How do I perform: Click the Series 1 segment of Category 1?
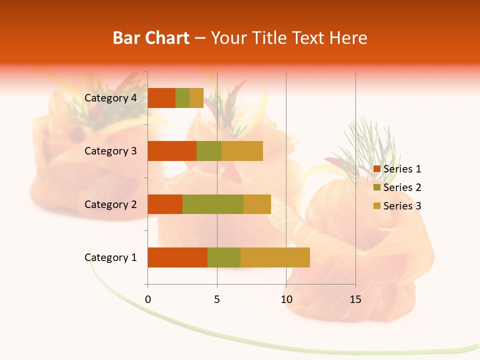click(x=177, y=257)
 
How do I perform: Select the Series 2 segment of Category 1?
click(x=224, y=257)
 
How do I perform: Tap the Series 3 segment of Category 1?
click(x=275, y=257)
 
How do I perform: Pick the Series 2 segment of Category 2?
click(x=213, y=204)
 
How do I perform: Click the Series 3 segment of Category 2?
click(x=257, y=204)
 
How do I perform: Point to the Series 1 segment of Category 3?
click(x=172, y=151)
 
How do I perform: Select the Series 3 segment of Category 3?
click(x=242, y=151)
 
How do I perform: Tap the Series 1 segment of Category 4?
click(x=161, y=98)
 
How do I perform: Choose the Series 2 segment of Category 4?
click(x=182, y=98)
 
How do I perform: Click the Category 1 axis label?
click(x=110, y=257)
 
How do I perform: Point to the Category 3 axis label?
click(x=110, y=151)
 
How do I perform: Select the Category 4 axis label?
click(x=110, y=98)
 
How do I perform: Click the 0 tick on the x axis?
click(x=147, y=299)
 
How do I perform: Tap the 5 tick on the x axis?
click(x=217, y=299)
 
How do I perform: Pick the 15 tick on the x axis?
click(x=355, y=299)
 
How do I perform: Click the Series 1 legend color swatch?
click(x=377, y=169)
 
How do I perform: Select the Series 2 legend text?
click(x=402, y=187)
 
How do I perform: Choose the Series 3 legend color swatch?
click(x=377, y=206)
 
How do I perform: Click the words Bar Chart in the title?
click(x=150, y=38)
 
